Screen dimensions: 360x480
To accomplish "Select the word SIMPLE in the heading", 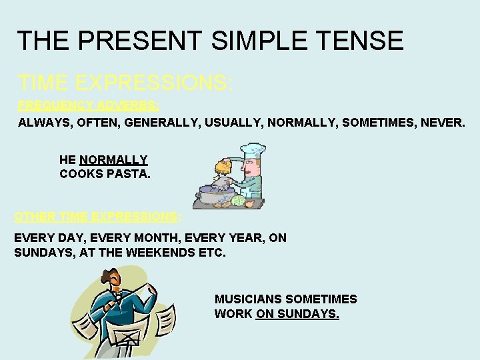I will pyautogui.click(x=255, y=41).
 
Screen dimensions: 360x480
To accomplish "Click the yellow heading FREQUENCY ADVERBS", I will pyautogui.click(x=89, y=105).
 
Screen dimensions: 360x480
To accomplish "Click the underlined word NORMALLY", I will pyautogui.click(x=113, y=160).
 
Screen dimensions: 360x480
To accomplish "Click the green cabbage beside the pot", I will pyautogui.click(x=239, y=201).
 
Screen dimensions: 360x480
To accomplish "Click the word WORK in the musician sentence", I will pyautogui.click(x=233, y=313).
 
